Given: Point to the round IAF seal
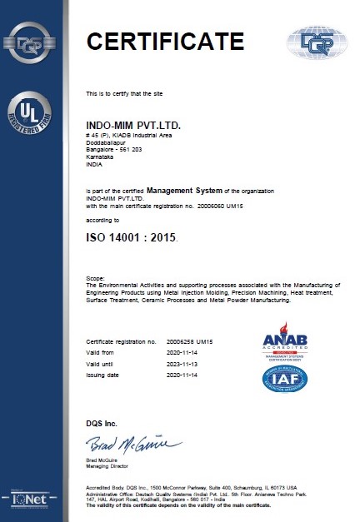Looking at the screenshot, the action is [x=285, y=379].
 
